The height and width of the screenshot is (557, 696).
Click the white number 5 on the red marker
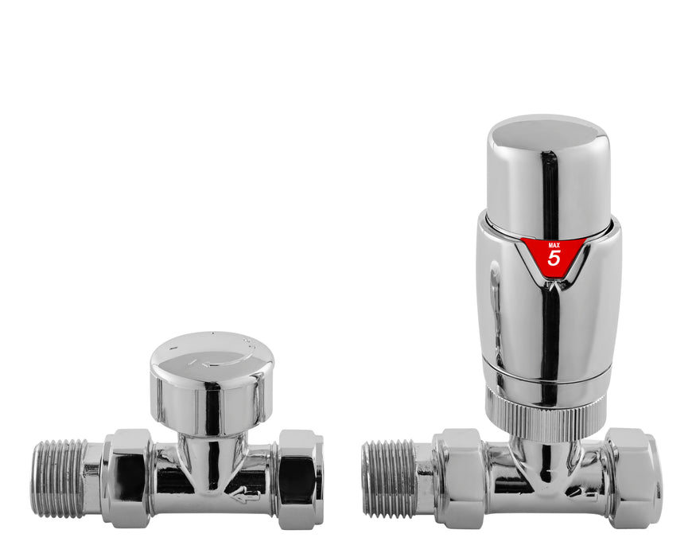pyautogui.click(x=554, y=258)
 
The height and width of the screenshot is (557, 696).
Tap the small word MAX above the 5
pyautogui.click(x=554, y=243)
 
